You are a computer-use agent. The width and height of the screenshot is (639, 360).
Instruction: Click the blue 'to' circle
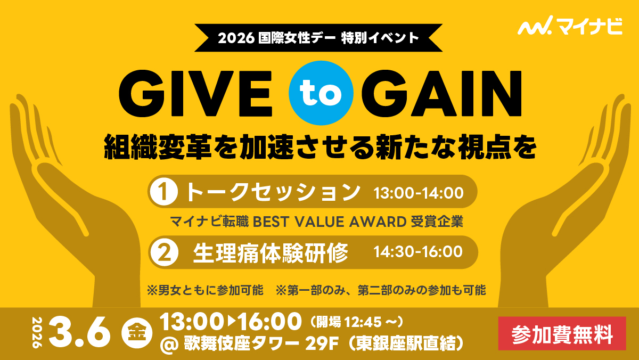tap(321, 93)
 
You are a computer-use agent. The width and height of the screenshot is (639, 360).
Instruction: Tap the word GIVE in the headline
tap(196, 93)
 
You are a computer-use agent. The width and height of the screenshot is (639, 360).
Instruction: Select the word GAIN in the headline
tap(441, 93)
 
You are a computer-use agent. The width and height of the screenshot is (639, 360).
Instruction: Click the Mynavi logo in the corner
tap(570, 26)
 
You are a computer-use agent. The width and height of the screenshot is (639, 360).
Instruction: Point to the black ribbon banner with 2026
tap(318, 38)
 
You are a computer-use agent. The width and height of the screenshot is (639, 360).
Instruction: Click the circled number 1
tap(164, 192)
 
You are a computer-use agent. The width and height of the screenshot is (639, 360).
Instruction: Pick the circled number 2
tap(165, 252)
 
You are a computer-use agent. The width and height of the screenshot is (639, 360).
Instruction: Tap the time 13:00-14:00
tap(419, 193)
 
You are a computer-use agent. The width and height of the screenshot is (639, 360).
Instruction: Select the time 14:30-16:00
tap(418, 252)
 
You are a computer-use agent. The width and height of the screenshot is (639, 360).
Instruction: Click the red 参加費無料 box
tap(562, 333)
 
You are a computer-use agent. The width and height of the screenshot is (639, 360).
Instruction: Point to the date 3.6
tap(79, 332)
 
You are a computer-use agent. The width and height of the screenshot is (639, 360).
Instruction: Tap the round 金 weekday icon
tap(136, 333)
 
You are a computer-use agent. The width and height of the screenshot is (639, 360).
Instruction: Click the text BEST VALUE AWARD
tap(330, 222)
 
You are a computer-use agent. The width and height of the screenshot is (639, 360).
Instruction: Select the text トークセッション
tap(273, 192)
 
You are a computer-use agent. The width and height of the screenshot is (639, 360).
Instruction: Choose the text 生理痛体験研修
tap(271, 253)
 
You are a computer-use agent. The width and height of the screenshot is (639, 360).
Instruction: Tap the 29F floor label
tap(322, 343)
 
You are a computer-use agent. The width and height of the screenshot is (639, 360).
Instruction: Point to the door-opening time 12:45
tap(363, 322)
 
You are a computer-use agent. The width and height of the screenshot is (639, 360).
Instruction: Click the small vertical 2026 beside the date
tap(37, 332)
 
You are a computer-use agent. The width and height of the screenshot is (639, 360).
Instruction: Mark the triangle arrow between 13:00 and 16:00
tap(232, 321)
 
